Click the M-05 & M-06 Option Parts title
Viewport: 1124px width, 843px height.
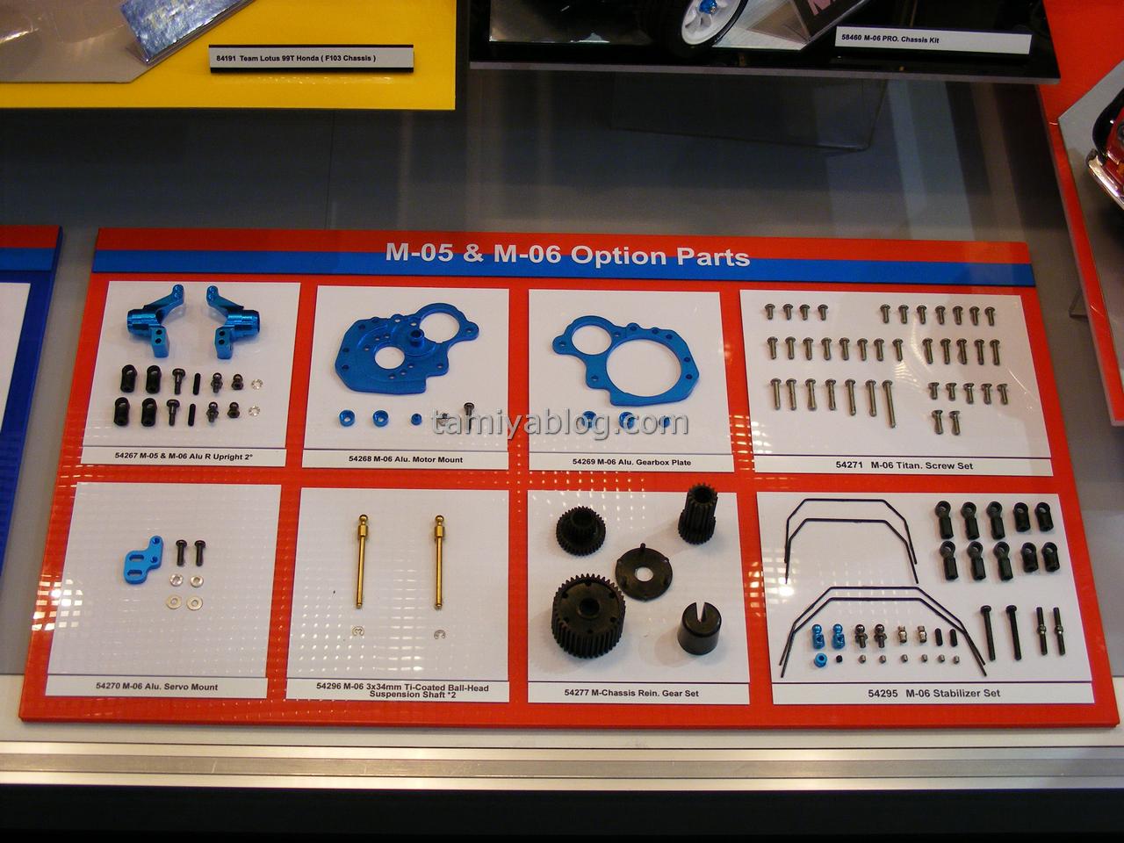tap(567, 255)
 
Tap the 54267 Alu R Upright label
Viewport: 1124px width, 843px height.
tap(184, 456)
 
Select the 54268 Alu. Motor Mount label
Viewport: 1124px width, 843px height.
tap(406, 459)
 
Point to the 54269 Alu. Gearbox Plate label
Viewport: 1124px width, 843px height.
tap(631, 462)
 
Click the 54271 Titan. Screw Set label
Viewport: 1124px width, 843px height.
tap(904, 465)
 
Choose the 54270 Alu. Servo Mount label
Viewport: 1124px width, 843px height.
tap(156, 687)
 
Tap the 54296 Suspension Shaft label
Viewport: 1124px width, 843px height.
tap(402, 691)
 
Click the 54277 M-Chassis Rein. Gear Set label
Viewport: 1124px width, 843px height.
tap(631, 693)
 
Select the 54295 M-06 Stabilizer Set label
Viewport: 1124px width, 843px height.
tap(933, 693)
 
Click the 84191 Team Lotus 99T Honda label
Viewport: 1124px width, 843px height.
tap(296, 58)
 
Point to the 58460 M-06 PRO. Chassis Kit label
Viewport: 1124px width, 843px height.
tap(890, 39)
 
